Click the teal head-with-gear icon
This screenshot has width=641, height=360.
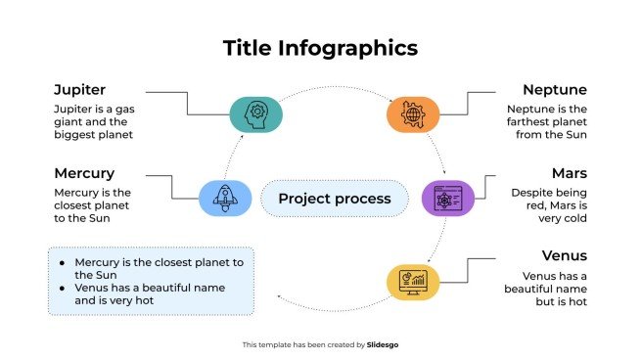click(256, 113)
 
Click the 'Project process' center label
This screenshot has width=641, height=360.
click(334, 199)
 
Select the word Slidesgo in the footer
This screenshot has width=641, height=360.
click(383, 344)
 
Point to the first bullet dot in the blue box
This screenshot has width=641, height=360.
click(64, 263)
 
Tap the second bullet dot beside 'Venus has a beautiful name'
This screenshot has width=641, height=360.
click(64, 289)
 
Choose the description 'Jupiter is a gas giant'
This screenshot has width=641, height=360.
click(93, 122)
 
